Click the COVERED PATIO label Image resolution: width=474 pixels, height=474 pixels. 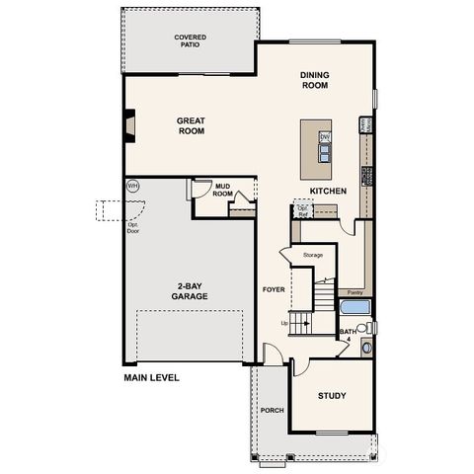191,41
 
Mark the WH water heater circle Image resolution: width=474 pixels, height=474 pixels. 133,186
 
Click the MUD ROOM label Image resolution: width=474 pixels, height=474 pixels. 223,191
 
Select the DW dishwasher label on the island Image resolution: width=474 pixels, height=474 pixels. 324,135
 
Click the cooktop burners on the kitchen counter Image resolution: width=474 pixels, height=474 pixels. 366,176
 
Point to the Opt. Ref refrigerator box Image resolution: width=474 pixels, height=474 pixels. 302,210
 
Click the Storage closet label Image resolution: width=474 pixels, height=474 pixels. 313,255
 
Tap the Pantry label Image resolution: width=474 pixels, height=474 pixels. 353,292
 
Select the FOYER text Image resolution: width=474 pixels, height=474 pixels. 273,289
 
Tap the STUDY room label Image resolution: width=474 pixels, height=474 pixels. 332,396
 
